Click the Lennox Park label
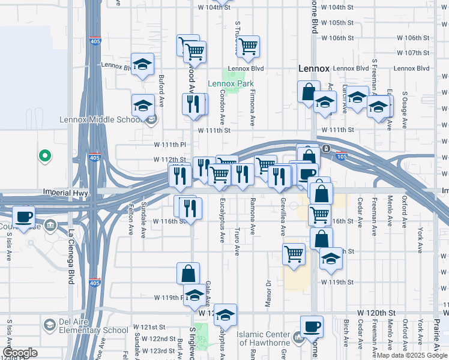click(231, 83)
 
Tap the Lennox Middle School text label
click(101, 119)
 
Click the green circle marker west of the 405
click(44, 156)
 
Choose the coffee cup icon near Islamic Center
click(312, 326)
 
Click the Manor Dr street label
click(269, 294)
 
